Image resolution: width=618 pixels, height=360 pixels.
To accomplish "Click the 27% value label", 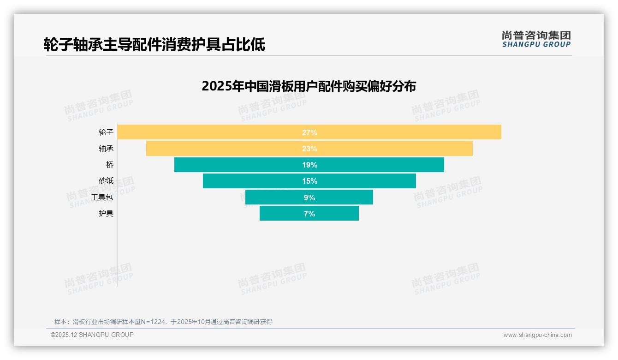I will pos(309,132).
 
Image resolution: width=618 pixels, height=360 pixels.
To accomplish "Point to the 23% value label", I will pos(309,149).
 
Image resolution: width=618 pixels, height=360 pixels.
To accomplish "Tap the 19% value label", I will pos(309,165).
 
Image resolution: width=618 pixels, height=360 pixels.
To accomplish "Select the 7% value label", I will pos(309,214).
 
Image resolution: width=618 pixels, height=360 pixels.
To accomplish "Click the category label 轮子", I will pos(106,132).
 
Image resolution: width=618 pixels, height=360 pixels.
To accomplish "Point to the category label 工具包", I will pos(102,197).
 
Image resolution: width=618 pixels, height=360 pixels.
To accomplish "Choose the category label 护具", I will pos(106,213).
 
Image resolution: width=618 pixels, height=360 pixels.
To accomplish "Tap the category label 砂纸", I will pos(106,181).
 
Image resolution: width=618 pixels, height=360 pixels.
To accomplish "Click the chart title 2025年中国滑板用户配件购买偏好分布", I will pos(309,86).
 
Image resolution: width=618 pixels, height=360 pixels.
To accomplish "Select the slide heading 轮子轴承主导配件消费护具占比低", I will pos(154,44).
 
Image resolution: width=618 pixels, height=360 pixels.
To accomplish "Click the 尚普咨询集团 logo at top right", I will pos(536,39).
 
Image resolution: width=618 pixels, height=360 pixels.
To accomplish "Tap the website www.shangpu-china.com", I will pos(537,335).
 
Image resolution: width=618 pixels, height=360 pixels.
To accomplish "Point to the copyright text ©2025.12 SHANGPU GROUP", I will pos(92,335).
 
